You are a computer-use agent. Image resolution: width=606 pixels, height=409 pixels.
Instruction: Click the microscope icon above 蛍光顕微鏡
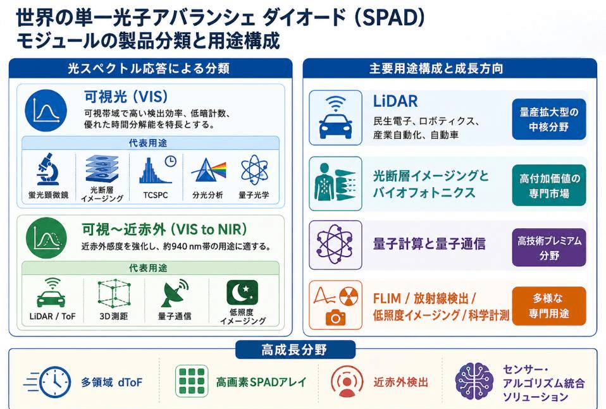click(x=48, y=169)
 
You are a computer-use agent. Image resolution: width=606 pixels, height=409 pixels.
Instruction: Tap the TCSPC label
click(x=156, y=195)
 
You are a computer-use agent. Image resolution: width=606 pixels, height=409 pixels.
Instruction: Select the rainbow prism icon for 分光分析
click(x=208, y=170)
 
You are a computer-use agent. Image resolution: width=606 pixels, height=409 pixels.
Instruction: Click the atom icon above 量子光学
click(x=254, y=170)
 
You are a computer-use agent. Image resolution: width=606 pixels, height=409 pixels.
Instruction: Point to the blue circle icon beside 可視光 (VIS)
click(x=46, y=111)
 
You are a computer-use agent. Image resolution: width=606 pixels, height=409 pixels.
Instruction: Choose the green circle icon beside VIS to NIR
click(x=46, y=238)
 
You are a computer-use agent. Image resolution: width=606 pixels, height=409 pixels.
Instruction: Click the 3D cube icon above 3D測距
click(x=114, y=293)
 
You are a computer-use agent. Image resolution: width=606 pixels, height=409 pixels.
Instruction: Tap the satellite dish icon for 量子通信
click(x=175, y=293)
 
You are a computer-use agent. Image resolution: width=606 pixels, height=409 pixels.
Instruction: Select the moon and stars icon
click(x=242, y=292)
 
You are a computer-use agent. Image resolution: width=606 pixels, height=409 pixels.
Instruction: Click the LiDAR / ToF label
click(x=53, y=316)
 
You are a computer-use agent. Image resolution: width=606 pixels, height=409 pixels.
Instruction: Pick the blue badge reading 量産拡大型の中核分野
click(x=549, y=119)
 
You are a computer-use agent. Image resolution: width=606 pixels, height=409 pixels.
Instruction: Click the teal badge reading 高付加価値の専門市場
click(x=549, y=185)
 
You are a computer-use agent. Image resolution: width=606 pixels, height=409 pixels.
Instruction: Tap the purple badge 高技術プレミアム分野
click(x=549, y=248)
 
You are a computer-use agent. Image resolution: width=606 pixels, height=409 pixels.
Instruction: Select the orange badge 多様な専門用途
click(x=549, y=305)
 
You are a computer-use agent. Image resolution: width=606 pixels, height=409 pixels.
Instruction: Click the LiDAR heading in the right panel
click(x=395, y=101)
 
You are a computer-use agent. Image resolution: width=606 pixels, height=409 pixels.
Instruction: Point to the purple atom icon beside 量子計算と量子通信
click(x=335, y=245)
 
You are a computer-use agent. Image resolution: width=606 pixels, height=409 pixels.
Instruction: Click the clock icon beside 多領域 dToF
click(x=47, y=382)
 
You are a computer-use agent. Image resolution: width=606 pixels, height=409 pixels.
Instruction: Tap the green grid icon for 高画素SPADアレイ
click(x=192, y=381)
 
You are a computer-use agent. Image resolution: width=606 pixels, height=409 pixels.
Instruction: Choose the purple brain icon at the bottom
click(x=474, y=382)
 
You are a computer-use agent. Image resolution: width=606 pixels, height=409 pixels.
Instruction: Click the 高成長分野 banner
click(x=295, y=350)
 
